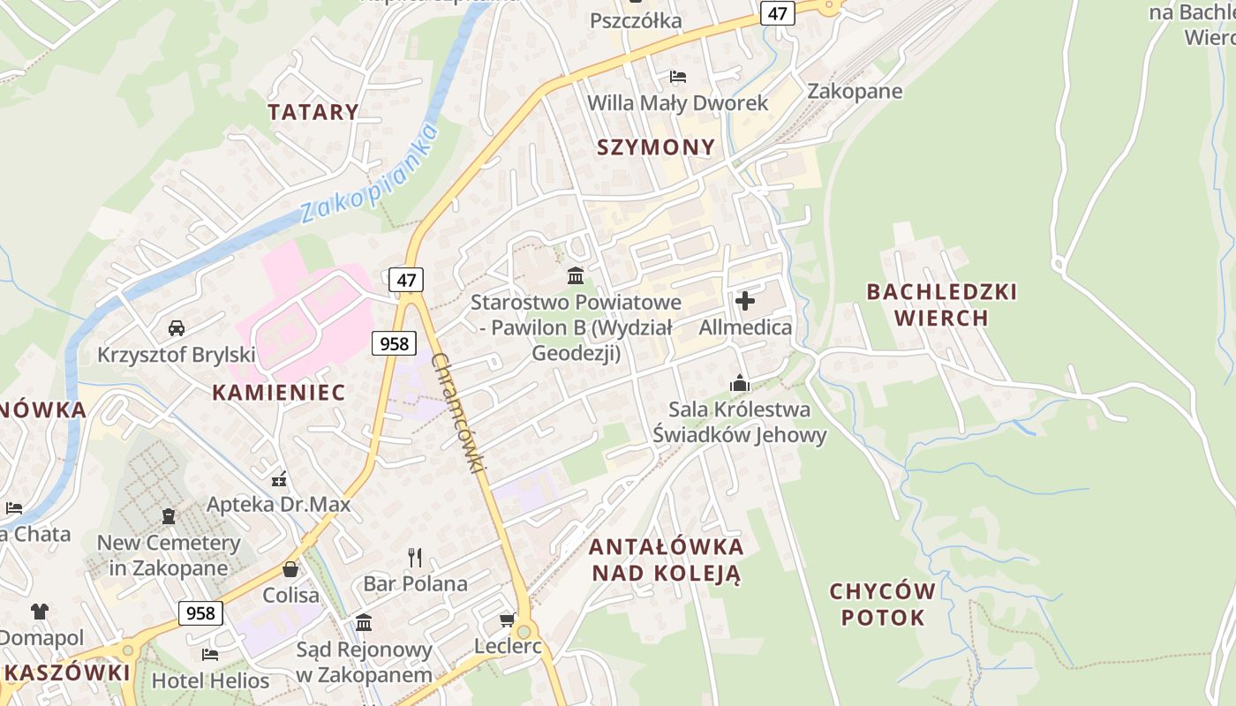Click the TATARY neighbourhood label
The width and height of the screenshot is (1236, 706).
coord(313,112)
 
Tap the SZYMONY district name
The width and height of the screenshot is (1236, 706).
coord(656,147)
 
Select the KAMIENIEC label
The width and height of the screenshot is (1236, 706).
coord(278,393)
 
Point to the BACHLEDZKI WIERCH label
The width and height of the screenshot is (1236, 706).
coord(941,304)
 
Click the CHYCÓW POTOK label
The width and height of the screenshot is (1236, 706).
coord(883,604)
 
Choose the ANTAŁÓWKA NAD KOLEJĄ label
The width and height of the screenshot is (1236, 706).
coord(667,560)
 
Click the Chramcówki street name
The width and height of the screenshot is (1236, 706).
coord(459,413)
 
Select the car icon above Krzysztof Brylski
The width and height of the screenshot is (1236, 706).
coord(177,328)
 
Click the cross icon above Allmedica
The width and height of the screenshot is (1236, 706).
coord(745,301)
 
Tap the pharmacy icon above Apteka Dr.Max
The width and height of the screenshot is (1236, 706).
coord(279,480)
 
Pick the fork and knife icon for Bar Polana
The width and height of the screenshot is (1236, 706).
coord(415,557)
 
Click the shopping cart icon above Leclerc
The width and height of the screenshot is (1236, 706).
coord(508,620)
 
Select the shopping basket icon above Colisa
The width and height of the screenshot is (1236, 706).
coord(290,569)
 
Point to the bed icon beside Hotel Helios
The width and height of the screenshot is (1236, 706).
coord(210,654)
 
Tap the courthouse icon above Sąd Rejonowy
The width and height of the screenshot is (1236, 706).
coord(364,623)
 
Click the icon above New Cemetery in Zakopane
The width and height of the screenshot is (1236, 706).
coord(169,515)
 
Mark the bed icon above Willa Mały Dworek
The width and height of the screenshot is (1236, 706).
coord(678,76)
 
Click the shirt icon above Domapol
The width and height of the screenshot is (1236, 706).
coord(40,611)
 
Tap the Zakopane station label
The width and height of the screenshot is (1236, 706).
coord(855,91)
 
